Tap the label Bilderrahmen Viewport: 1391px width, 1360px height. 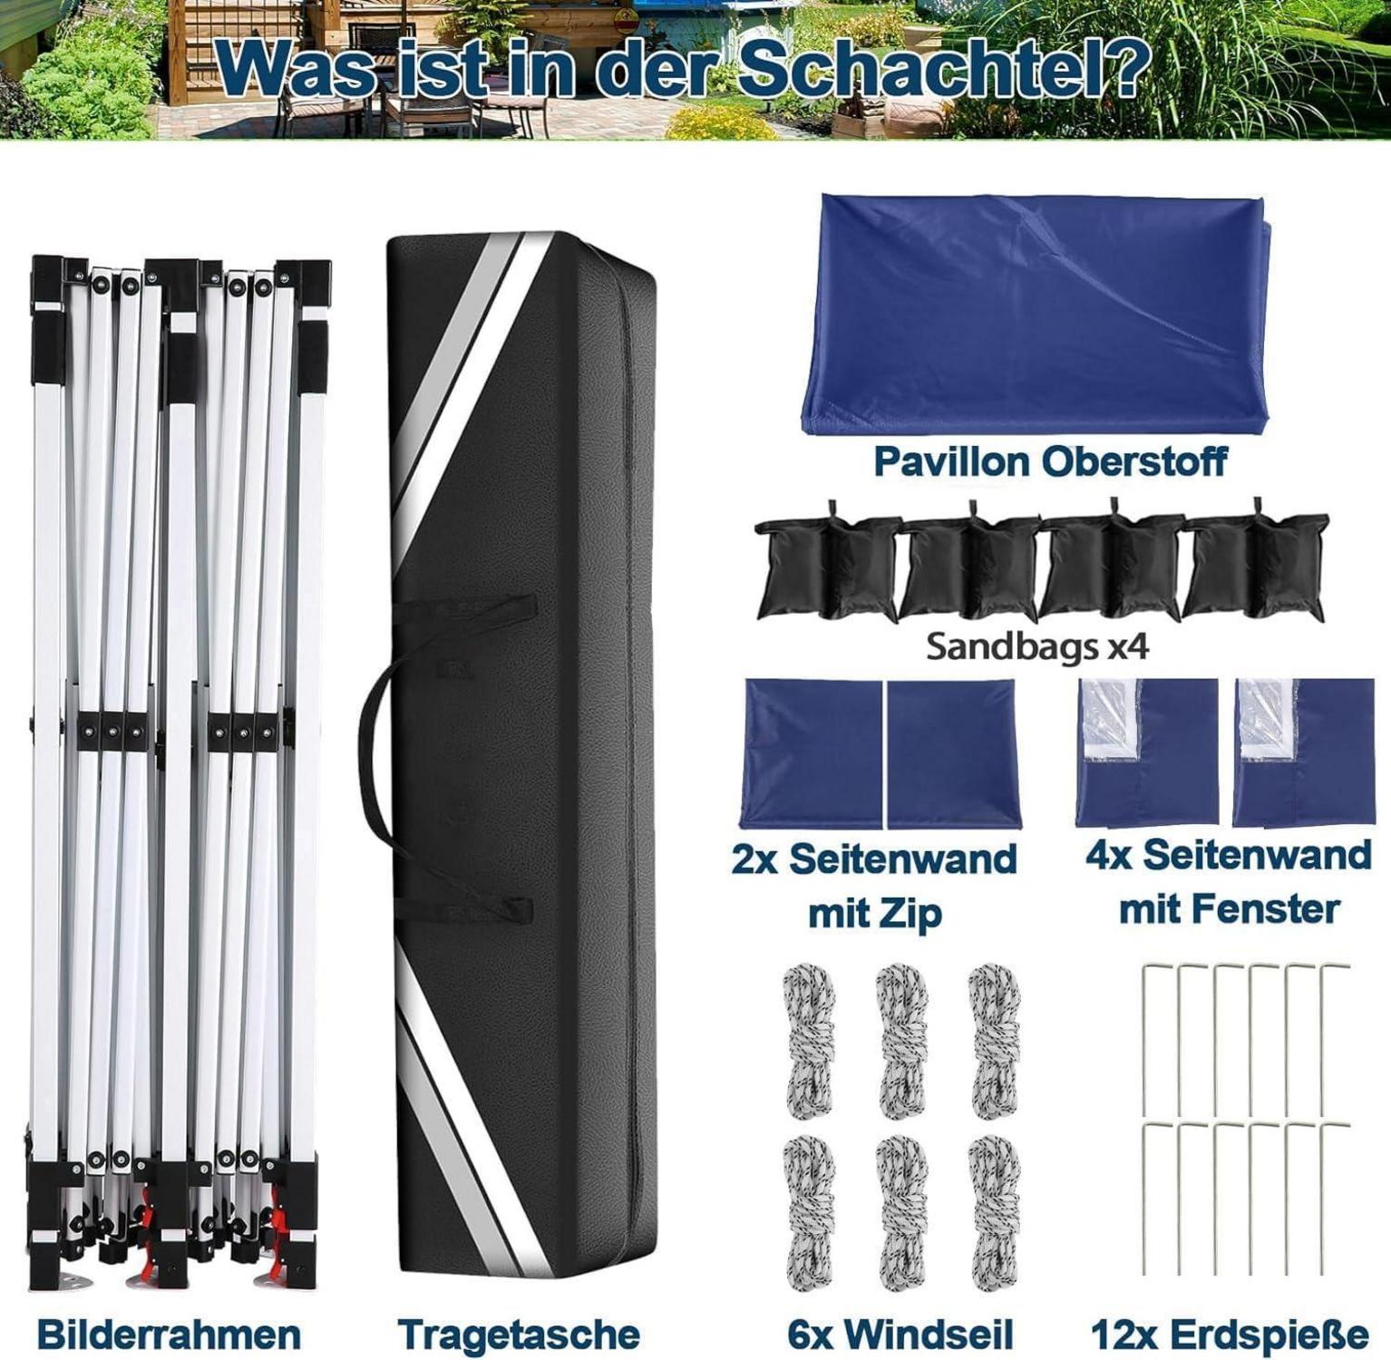click(169, 1335)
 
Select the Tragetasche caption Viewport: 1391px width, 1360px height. click(519, 1335)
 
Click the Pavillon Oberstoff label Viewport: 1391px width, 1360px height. click(1049, 461)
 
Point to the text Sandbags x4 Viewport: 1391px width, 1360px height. click(1037, 646)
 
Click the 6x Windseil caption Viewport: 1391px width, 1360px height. click(900, 1335)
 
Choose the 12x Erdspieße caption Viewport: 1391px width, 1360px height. click(1229, 1335)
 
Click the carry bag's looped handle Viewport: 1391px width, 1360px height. click(374, 725)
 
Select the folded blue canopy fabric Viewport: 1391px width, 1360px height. click(1036, 313)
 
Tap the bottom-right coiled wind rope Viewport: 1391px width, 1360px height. click(995, 1213)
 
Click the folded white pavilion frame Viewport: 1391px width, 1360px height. click(179, 771)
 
